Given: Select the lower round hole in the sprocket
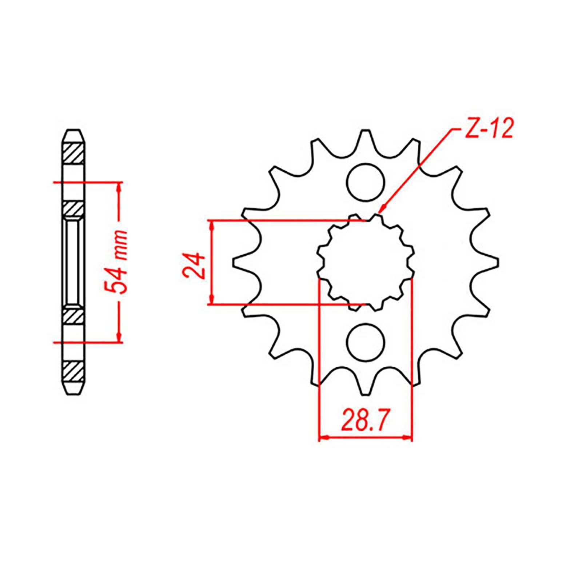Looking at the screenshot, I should [x=365, y=342].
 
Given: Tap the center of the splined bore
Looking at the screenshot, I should [x=366, y=262].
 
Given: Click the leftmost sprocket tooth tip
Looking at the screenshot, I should [x=234, y=262].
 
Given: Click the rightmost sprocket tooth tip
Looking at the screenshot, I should [x=497, y=262].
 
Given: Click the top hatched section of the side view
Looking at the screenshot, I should [x=75, y=154].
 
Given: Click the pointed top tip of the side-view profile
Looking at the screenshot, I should [x=75, y=130].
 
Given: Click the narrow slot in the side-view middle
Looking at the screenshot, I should [x=74, y=262].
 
